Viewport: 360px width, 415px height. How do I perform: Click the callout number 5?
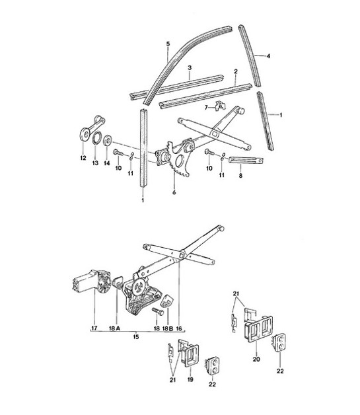tap(168, 44)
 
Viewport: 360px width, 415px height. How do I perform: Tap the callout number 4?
tap(269, 57)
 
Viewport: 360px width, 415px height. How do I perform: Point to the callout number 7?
tap(206, 106)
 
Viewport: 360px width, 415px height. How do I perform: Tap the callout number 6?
tap(174, 193)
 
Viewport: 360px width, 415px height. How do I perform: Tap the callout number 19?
tap(191, 382)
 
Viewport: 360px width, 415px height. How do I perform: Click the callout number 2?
tap(235, 71)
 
